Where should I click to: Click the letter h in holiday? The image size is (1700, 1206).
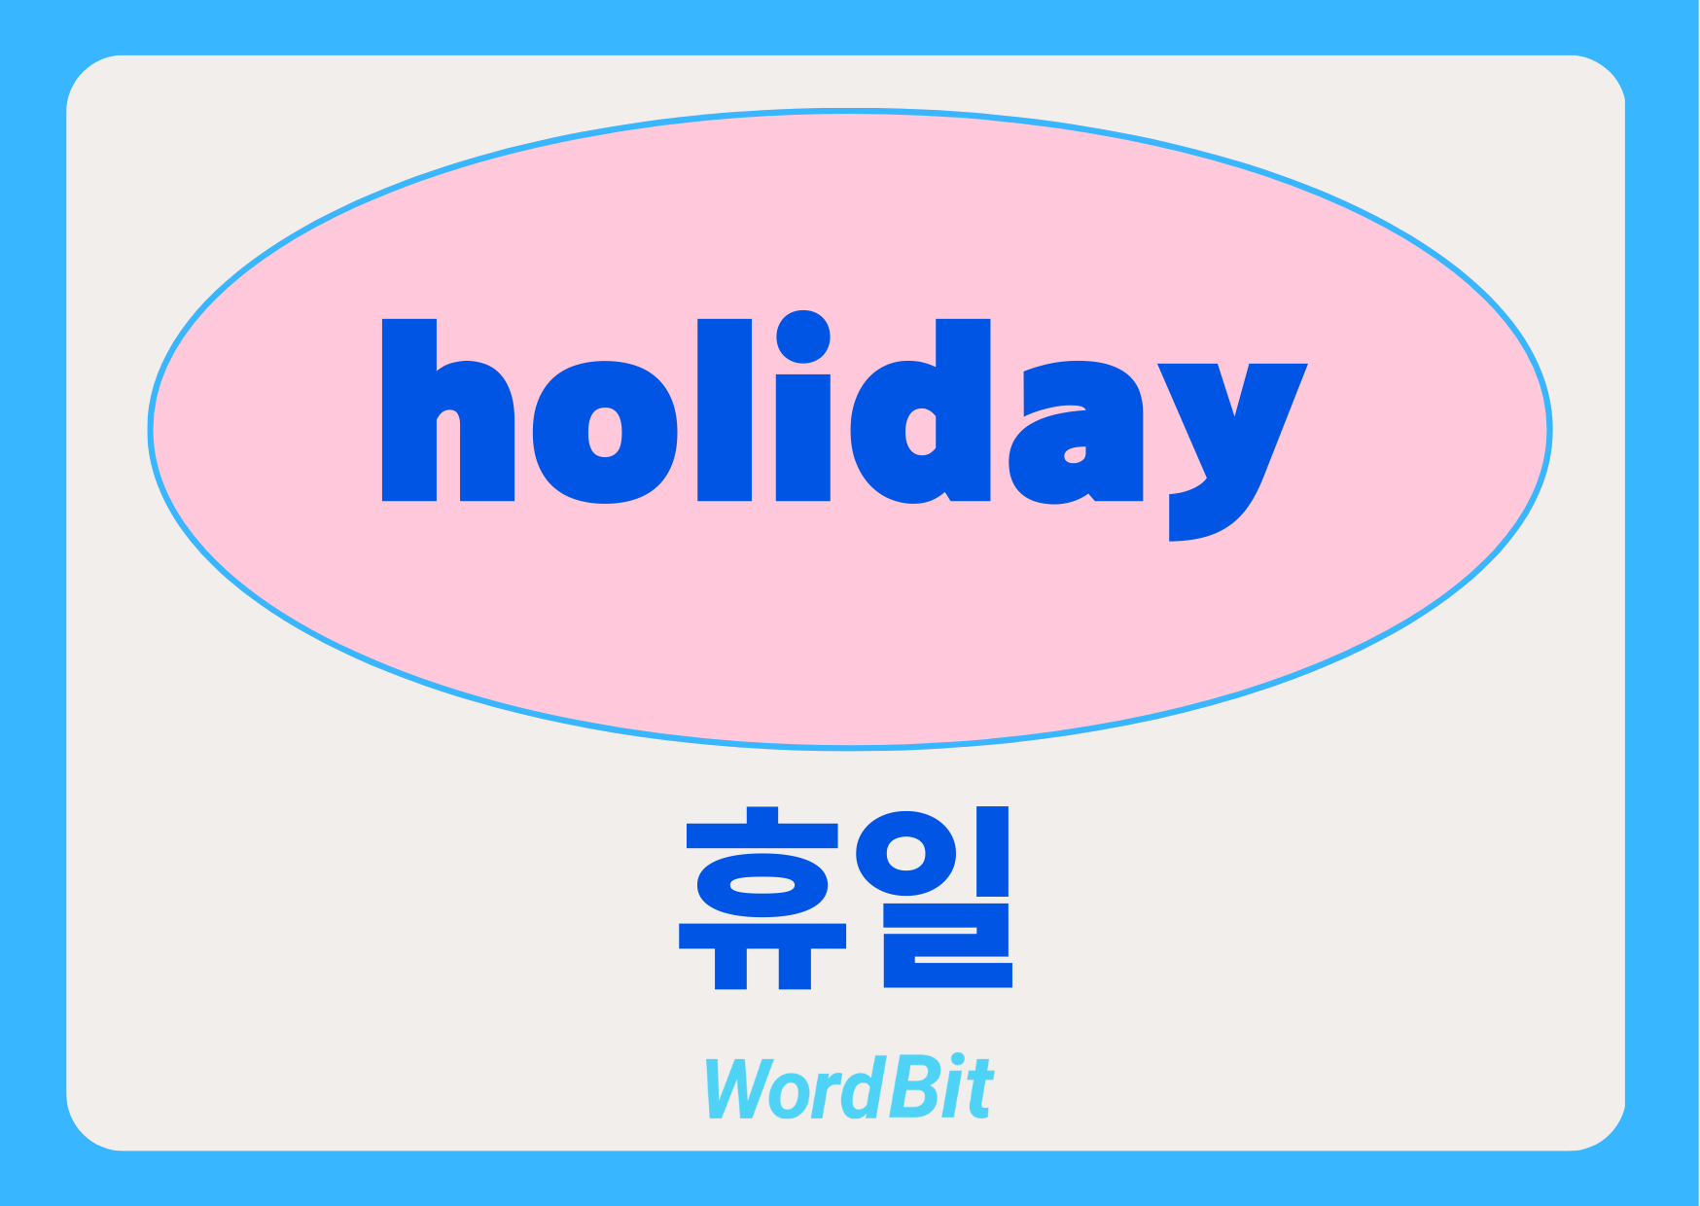[x=447, y=410]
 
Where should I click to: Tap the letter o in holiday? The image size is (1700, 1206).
[x=605, y=433]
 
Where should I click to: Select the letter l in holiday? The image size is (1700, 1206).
[x=725, y=410]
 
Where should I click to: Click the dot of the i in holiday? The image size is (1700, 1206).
[x=803, y=337]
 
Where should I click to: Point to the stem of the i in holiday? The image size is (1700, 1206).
[x=803, y=438]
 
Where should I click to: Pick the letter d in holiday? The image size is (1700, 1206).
[x=920, y=410]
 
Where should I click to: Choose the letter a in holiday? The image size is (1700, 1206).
[x=1076, y=433]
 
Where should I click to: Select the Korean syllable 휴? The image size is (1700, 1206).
[x=762, y=898]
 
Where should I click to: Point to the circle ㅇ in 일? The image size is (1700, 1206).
[x=906, y=853]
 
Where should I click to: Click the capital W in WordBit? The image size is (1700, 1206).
[x=744, y=1087]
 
